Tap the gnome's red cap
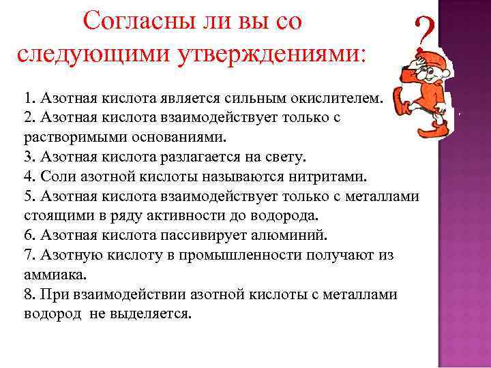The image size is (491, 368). [x=419, y=65]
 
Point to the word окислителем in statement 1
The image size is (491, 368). [x=339, y=98]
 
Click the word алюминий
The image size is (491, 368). [x=296, y=236]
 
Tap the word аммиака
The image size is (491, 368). [x=42, y=275]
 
